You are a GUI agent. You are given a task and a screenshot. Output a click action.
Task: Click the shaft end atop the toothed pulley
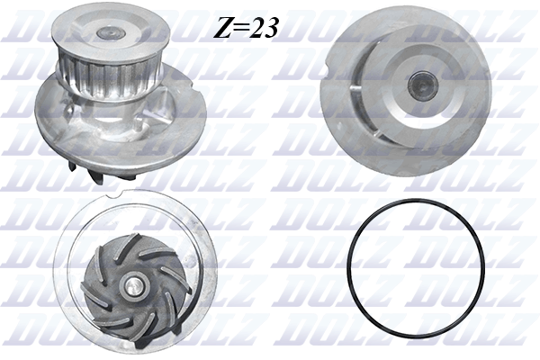(x=107, y=31)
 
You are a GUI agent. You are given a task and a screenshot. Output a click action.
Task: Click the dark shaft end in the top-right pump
(x=420, y=85)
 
